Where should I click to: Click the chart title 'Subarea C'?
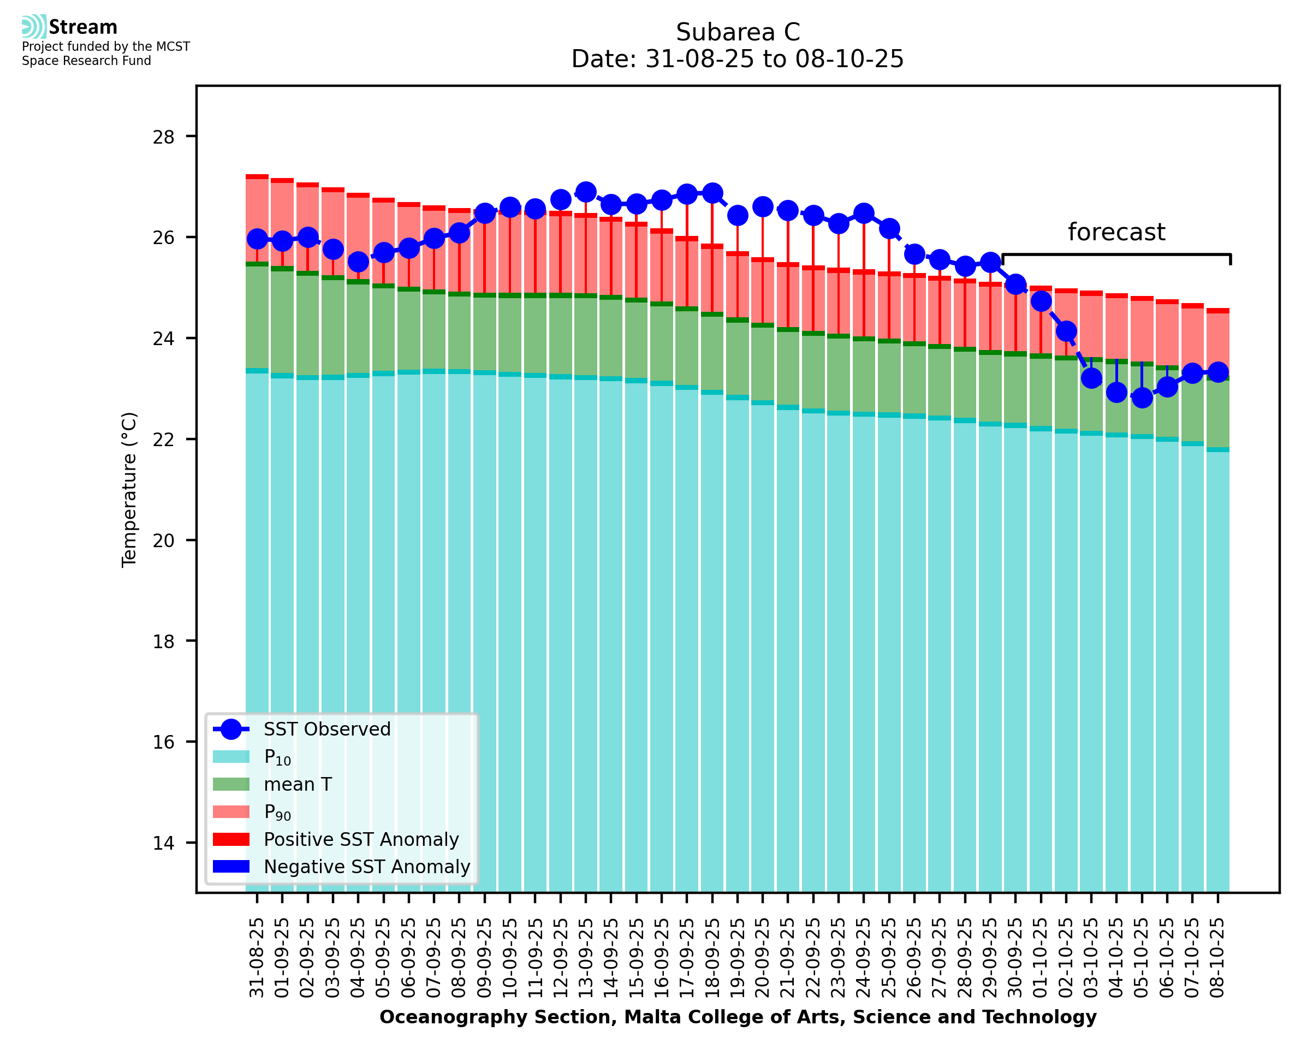pos(738,32)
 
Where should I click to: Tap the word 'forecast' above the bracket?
pos(1115,232)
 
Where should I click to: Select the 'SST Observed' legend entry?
pos(327,730)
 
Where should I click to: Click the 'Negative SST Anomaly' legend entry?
pos(367,867)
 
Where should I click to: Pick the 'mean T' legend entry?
pos(298,784)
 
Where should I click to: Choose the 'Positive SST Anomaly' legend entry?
pos(361,839)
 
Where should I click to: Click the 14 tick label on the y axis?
pos(163,843)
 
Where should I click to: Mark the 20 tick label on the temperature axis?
pos(163,540)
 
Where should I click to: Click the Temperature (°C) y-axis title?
pos(129,489)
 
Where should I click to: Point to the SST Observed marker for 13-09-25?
pos(585,192)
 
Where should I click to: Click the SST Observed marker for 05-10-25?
pos(1142,398)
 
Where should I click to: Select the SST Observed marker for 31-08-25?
pos(257,239)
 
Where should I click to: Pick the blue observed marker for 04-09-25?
pos(358,262)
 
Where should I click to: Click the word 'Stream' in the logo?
pos(83,27)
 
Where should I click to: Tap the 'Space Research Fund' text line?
pos(86,61)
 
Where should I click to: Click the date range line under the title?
pos(738,59)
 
